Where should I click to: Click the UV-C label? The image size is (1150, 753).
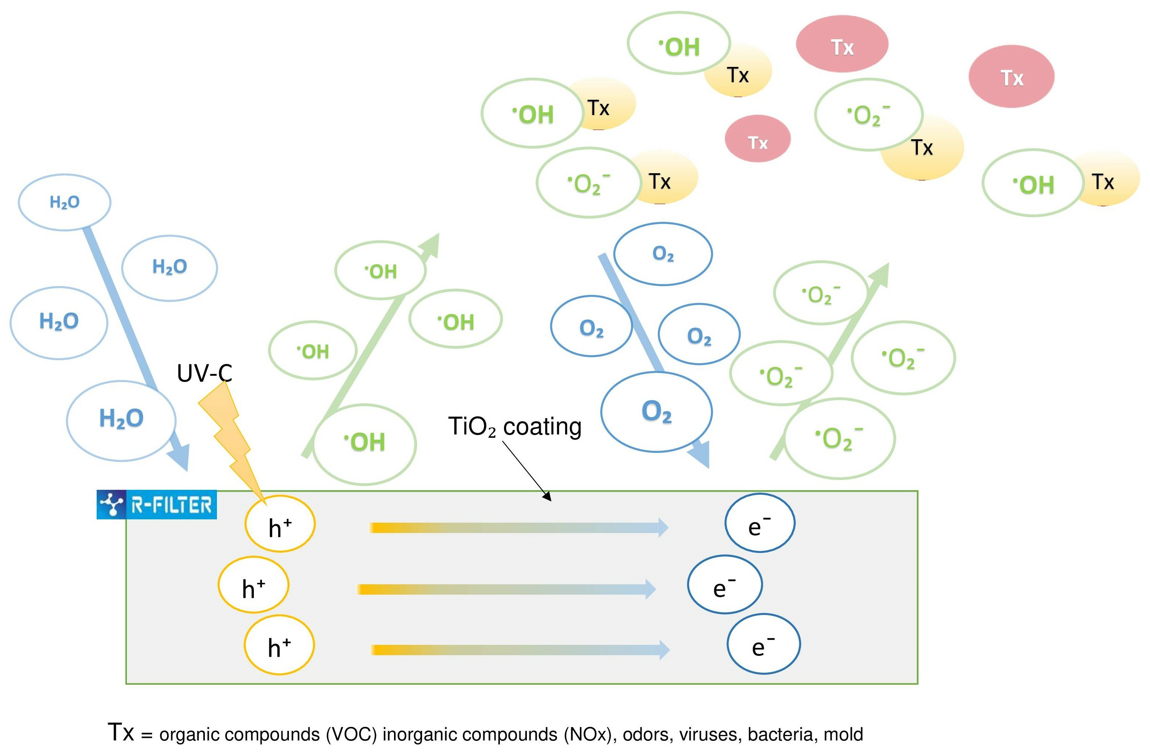[204, 373]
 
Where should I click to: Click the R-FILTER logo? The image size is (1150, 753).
[156, 505]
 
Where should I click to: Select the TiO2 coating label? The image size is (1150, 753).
[515, 427]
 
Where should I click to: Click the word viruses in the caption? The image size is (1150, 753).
[708, 735]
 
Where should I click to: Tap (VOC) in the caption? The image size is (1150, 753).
[351, 735]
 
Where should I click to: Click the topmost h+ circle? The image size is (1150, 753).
[280, 524]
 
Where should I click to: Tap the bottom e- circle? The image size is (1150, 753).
[763, 644]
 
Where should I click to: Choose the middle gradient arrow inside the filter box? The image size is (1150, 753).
[505, 589]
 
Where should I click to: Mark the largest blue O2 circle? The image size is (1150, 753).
[656, 412]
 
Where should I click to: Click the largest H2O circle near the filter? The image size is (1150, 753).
[121, 420]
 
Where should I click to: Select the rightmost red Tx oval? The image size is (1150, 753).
[1011, 76]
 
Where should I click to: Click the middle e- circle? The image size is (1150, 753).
[725, 585]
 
